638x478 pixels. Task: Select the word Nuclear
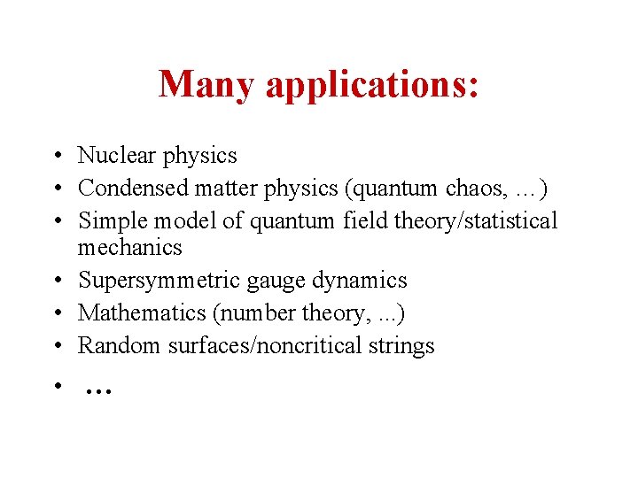(x=115, y=156)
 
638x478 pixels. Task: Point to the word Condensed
(x=133, y=189)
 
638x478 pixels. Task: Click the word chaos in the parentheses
(x=477, y=189)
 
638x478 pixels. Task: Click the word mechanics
(x=129, y=248)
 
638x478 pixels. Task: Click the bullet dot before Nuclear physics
(x=55, y=157)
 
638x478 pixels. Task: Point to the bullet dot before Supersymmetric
(x=55, y=281)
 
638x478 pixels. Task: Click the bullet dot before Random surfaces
(x=55, y=346)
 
